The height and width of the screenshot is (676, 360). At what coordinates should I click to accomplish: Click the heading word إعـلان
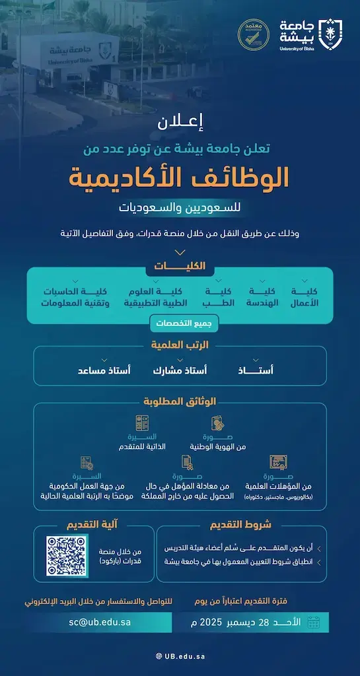[180, 122]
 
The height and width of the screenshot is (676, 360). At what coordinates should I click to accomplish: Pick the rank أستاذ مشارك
[179, 370]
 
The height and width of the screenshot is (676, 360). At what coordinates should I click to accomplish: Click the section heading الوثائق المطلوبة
[180, 401]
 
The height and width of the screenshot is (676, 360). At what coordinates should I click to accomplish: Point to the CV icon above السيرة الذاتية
[141, 422]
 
